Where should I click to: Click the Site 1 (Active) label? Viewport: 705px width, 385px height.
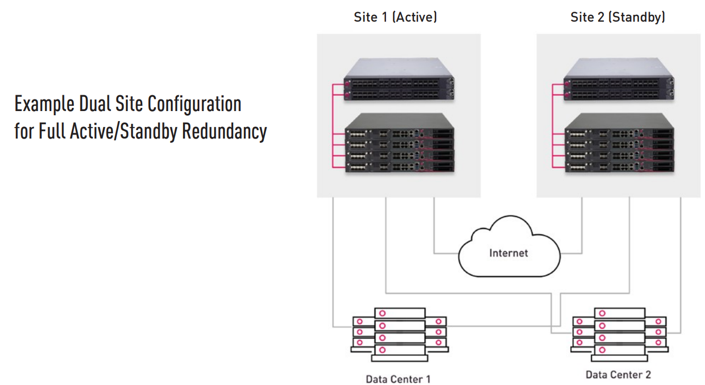point(395,17)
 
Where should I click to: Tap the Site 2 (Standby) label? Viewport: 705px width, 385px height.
point(618,17)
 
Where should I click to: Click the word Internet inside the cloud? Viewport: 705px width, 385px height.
point(509,253)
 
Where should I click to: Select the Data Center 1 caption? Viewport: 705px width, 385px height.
point(398,379)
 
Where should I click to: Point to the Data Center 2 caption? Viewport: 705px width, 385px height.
point(618,374)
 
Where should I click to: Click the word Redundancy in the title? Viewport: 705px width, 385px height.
point(224,131)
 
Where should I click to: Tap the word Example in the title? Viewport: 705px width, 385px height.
point(44,104)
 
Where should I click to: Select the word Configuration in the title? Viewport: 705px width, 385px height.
point(195,104)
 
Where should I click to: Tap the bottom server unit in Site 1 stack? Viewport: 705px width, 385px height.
point(400,167)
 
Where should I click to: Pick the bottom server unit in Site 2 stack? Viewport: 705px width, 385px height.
point(619,167)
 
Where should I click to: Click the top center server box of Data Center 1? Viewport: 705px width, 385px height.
point(400,313)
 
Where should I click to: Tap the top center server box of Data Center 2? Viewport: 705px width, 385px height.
point(619,313)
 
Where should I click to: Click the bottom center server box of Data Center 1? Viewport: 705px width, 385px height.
point(400,350)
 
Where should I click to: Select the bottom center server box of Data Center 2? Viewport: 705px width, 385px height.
point(619,350)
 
